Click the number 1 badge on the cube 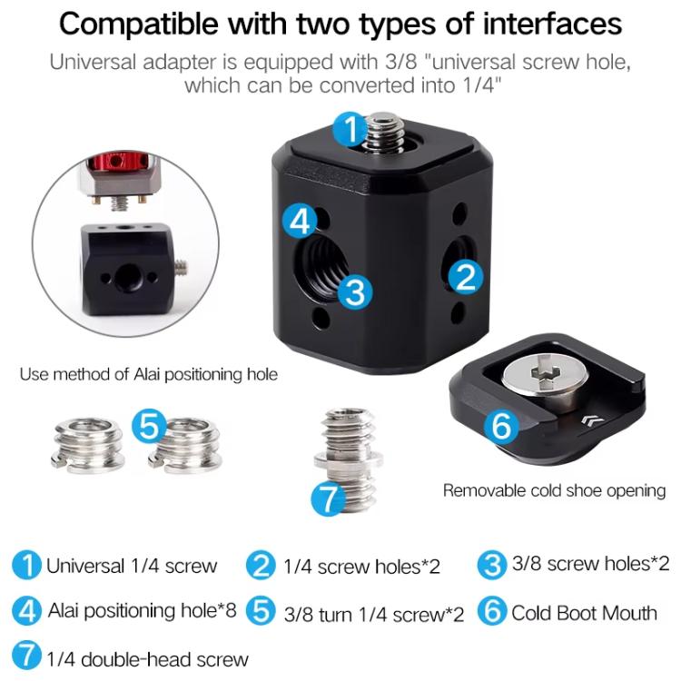pyautogui.click(x=350, y=129)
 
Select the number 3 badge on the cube pyautogui.click(x=355, y=292)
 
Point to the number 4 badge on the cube pyautogui.click(x=299, y=219)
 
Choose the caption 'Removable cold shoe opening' pyautogui.click(x=554, y=490)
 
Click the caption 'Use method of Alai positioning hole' pyautogui.click(x=148, y=374)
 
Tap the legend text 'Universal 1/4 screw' pyautogui.click(x=133, y=567)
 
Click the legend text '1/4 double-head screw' pyautogui.click(x=146, y=658)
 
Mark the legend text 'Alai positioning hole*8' pyautogui.click(x=142, y=610)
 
